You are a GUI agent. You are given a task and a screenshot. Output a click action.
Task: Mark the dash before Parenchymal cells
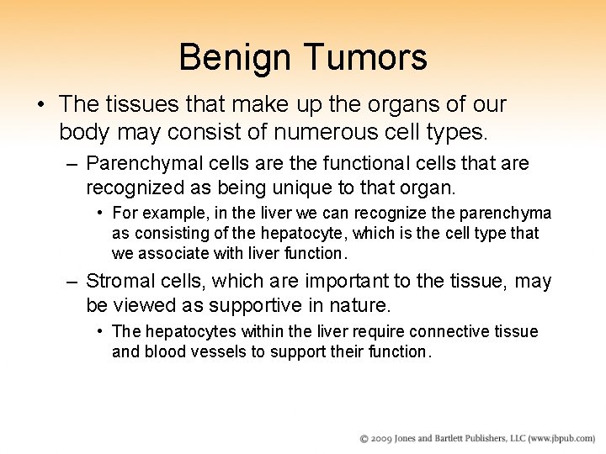(73, 162)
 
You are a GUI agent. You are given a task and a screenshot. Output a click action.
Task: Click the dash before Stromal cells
(73, 281)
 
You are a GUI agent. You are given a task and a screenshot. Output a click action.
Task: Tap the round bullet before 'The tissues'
(40, 104)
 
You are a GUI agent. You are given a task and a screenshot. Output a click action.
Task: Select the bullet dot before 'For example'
(101, 213)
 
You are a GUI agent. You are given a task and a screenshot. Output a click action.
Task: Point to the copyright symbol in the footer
(364, 439)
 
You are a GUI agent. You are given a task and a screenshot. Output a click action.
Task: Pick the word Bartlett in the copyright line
(464, 439)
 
